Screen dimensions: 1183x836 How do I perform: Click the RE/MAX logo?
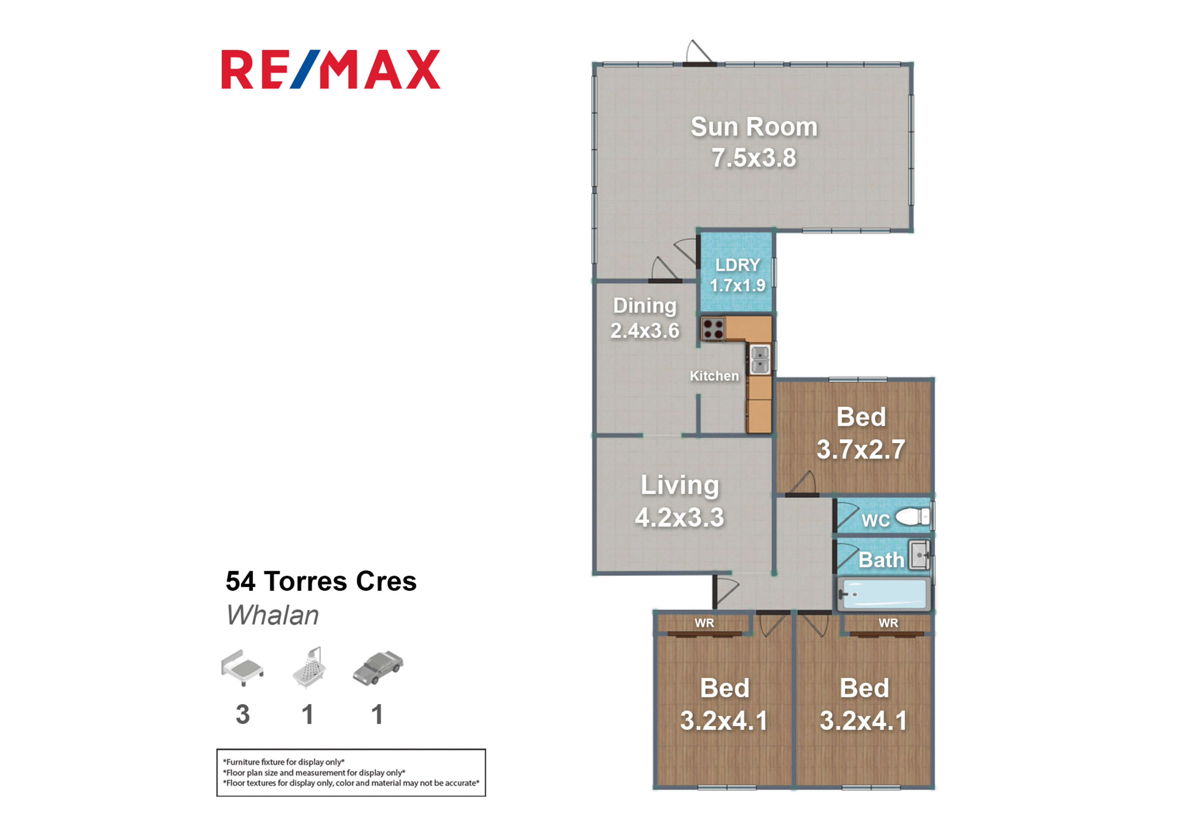331,69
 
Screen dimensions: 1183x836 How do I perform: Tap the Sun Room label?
754,127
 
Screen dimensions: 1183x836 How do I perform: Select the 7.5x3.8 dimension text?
754,158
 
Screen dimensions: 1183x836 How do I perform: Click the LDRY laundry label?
737,265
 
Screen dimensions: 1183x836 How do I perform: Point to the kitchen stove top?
713,329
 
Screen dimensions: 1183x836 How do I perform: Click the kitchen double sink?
759,360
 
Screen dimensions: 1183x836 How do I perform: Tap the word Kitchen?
714,376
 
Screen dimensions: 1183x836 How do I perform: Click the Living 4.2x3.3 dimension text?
680,517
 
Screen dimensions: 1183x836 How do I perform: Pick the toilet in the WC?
912,517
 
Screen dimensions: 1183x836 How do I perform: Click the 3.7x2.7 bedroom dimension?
861,449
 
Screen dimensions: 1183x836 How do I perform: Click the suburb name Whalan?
272,615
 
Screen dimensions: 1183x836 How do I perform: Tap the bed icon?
242,667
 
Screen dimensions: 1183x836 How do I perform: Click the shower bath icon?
309,667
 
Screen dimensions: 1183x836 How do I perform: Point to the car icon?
378,668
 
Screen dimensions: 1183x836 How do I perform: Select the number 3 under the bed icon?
243,714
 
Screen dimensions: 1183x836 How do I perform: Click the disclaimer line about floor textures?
351,783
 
